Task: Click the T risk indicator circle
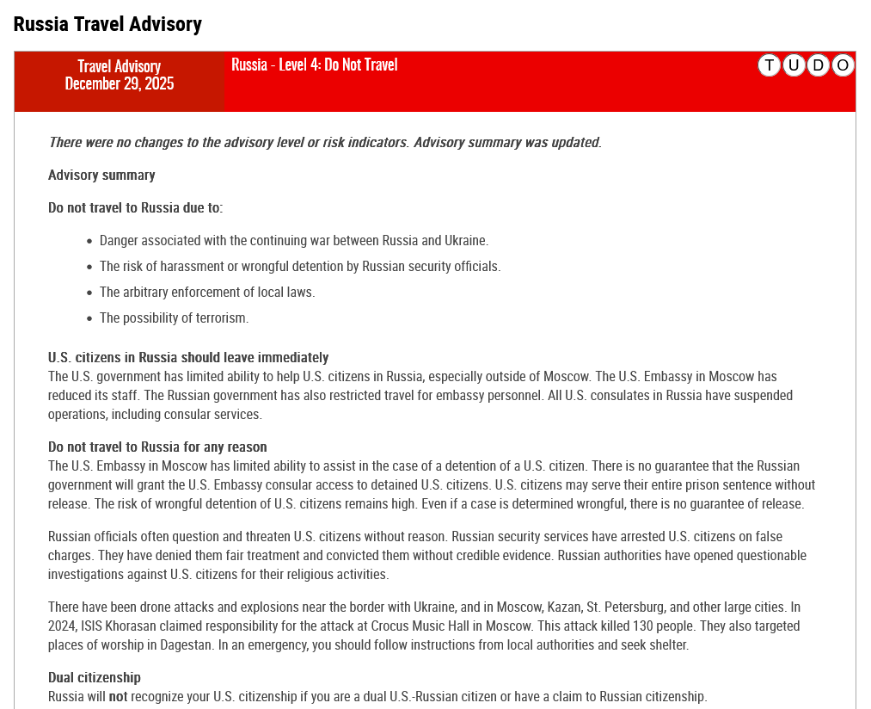point(770,65)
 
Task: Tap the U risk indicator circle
point(794,65)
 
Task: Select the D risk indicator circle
point(819,65)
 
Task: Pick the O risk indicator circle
point(843,65)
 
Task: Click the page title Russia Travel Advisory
point(107,24)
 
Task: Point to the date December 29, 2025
point(120,83)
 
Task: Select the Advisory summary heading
point(101,175)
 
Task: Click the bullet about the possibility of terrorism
point(174,318)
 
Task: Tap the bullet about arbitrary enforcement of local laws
point(207,292)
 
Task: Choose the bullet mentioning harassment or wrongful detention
point(299,266)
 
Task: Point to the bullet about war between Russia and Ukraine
point(293,240)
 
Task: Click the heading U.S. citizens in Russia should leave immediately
point(188,357)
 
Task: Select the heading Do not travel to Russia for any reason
point(157,447)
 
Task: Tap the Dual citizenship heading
point(95,677)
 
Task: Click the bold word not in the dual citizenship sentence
point(118,696)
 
